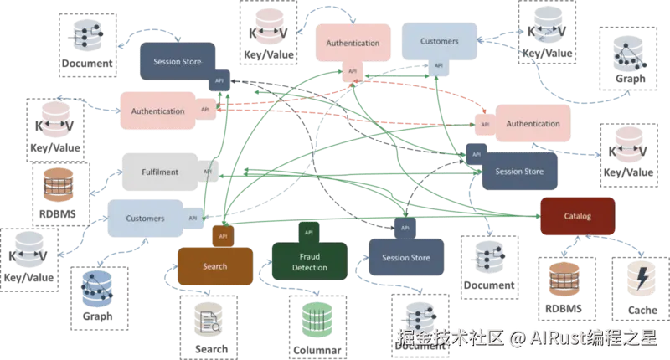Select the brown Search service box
click(214, 266)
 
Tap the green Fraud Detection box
click(309, 261)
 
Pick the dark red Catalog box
click(577, 216)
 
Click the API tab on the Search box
click(223, 236)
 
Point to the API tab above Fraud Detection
click(308, 232)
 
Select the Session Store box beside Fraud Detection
click(405, 258)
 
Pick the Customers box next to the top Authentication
click(440, 41)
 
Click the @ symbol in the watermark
click(517, 338)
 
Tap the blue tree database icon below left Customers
click(95, 290)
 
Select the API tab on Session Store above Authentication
click(219, 80)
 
